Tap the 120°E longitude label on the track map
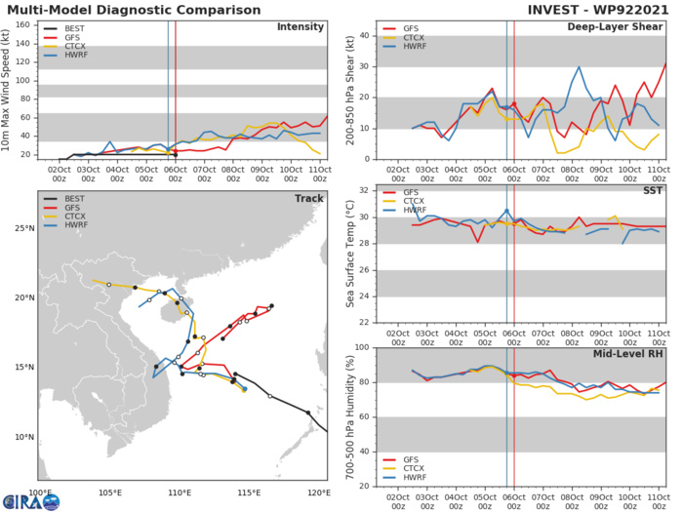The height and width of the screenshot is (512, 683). click(317, 493)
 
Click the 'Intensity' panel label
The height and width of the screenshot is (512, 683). click(300, 26)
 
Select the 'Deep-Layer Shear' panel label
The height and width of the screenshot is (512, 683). click(618, 26)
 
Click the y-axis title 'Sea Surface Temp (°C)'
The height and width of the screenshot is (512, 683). click(348, 255)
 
